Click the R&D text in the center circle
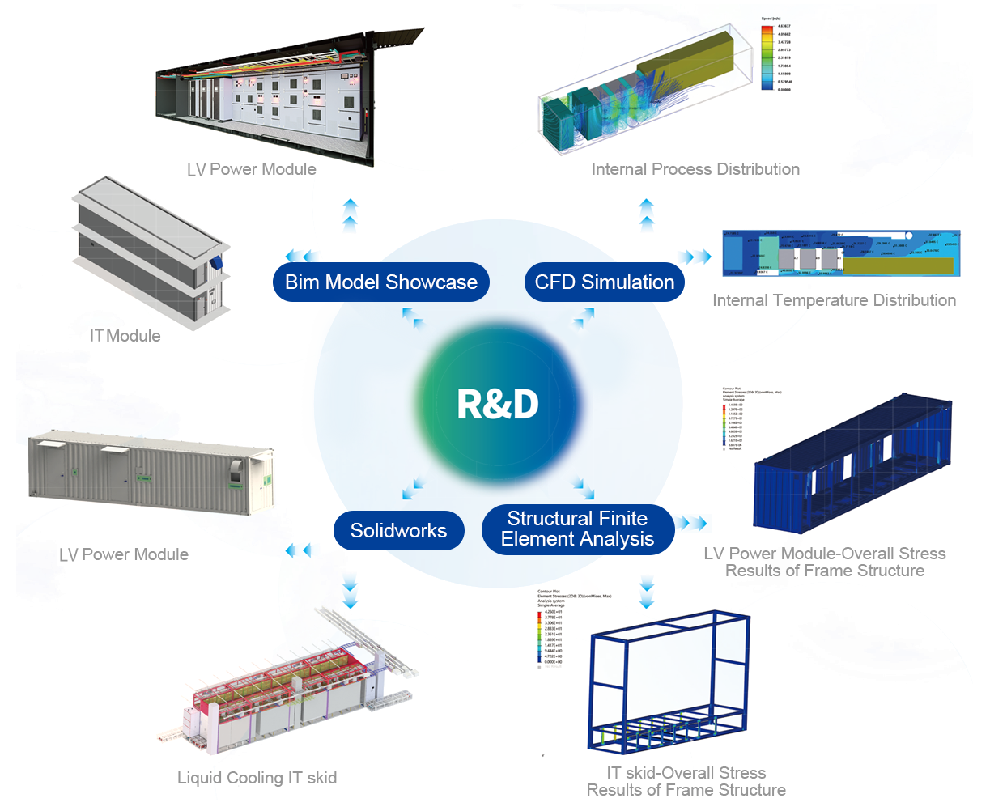497,404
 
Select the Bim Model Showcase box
380,282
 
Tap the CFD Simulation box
604,282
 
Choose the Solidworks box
398,531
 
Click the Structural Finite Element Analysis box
578,529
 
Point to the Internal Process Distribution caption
695,169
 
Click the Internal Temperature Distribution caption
834,300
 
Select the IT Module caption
125,335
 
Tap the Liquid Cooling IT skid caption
257,778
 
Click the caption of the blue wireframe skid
686,781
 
